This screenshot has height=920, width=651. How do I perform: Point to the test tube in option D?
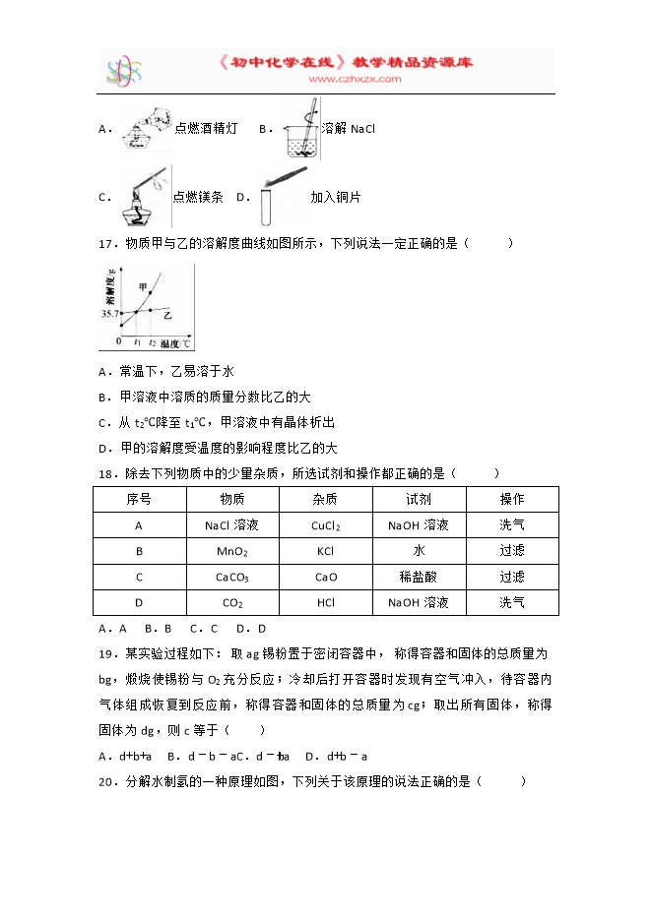click(x=267, y=205)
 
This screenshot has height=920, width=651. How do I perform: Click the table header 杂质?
click(x=325, y=500)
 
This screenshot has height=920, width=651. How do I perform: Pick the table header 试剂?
click(x=419, y=500)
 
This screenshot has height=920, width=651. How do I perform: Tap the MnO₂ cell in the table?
click(x=232, y=551)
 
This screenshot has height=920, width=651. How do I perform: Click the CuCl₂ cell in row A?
click(x=325, y=525)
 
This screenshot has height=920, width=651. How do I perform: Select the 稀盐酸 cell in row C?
click(x=419, y=577)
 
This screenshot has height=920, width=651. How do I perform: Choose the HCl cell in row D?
click(x=325, y=602)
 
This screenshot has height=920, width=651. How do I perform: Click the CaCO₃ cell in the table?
click(x=232, y=577)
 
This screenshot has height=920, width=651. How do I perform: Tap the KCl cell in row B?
click(x=325, y=551)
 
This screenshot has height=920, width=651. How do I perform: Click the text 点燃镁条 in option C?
click(x=198, y=197)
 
